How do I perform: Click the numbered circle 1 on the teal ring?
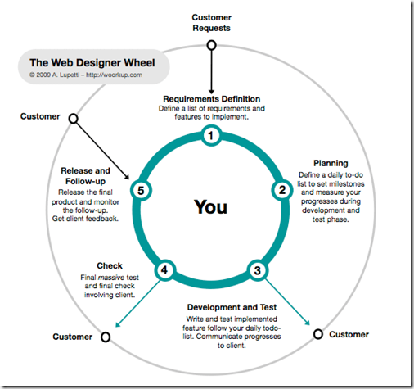[x=210, y=136]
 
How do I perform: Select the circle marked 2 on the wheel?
[x=281, y=190]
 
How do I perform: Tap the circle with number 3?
[x=257, y=269]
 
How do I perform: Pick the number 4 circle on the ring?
[x=166, y=269]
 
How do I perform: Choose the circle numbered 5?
[x=141, y=191]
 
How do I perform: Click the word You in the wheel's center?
[x=210, y=207]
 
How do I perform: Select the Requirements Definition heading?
[x=209, y=98]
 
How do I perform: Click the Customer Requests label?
[x=212, y=22]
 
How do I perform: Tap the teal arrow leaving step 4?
[x=139, y=301]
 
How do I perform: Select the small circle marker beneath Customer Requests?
[x=211, y=45]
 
